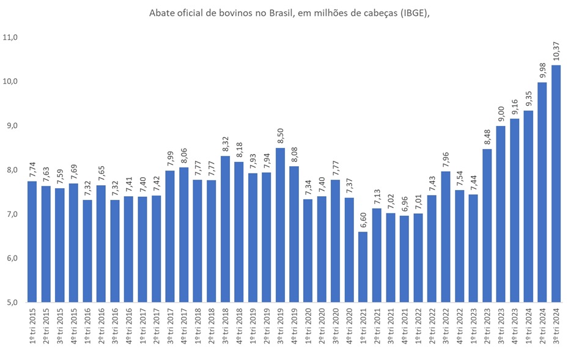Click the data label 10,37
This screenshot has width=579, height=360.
[x=556, y=51]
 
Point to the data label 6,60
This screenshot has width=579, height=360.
[x=363, y=218]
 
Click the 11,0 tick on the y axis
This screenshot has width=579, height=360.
[x=12, y=37]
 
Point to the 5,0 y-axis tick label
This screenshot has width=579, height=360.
[x=12, y=302]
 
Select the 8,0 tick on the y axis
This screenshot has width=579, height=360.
[x=12, y=170]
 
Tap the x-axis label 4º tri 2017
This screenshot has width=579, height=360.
[x=184, y=328]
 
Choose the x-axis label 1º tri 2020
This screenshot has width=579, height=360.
[x=308, y=328]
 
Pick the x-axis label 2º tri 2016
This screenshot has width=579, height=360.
[x=101, y=328]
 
